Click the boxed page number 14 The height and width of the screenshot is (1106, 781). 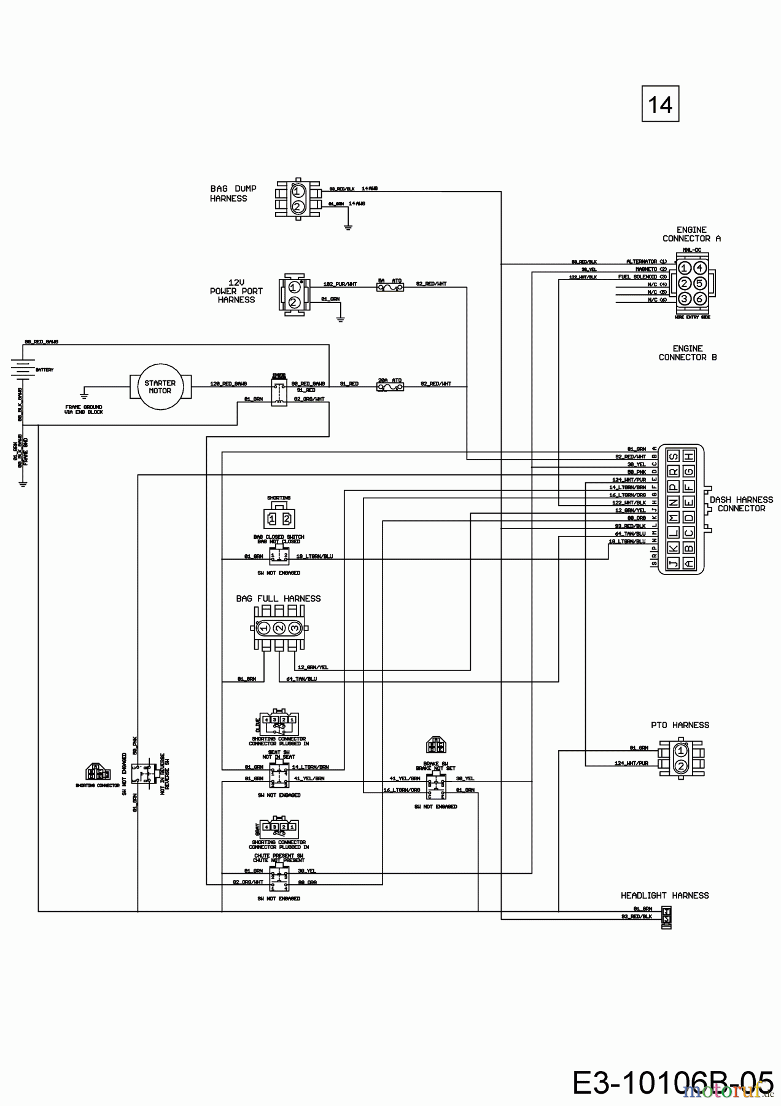660,104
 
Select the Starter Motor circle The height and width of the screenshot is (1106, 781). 160,386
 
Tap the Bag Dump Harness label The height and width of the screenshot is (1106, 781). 233,194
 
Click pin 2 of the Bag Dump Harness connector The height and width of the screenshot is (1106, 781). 297,206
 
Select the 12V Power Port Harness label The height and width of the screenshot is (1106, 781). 236,291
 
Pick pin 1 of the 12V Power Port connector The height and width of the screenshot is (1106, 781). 294,287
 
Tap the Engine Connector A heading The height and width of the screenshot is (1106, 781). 691,234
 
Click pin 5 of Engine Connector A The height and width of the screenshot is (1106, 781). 699,283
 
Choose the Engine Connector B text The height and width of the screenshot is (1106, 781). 687,353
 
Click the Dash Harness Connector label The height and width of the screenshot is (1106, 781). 740,504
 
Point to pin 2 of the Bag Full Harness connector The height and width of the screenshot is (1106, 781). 279,628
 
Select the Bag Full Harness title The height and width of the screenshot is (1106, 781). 278,598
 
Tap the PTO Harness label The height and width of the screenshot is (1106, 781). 680,725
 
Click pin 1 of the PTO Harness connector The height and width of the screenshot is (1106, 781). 680,750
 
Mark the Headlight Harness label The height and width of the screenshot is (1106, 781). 664,896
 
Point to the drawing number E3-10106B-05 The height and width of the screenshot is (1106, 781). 672,1083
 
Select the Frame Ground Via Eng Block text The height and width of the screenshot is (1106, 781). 84,409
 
